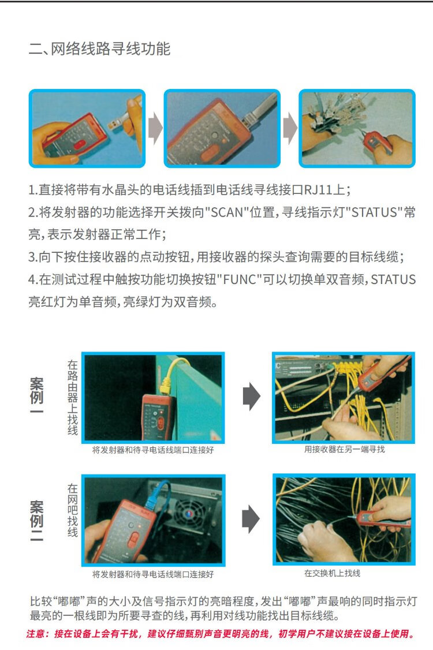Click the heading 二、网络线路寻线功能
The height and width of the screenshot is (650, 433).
(99, 49)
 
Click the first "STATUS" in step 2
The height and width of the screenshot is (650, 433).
(375, 212)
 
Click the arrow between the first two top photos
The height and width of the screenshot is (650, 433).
(155, 128)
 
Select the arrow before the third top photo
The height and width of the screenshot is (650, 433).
(290, 128)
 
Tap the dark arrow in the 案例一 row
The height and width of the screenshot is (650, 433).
(251, 397)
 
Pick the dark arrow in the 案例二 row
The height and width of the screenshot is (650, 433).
(251, 518)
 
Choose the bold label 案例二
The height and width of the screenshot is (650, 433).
(36, 521)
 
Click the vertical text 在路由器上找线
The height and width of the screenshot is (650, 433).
(73, 398)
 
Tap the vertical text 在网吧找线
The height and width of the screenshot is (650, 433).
(73, 510)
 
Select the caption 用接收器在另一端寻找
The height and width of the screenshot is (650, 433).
(344, 449)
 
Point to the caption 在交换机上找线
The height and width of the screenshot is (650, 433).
(332, 573)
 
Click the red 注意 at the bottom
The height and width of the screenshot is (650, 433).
(36, 634)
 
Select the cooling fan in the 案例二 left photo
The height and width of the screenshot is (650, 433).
(189, 514)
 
